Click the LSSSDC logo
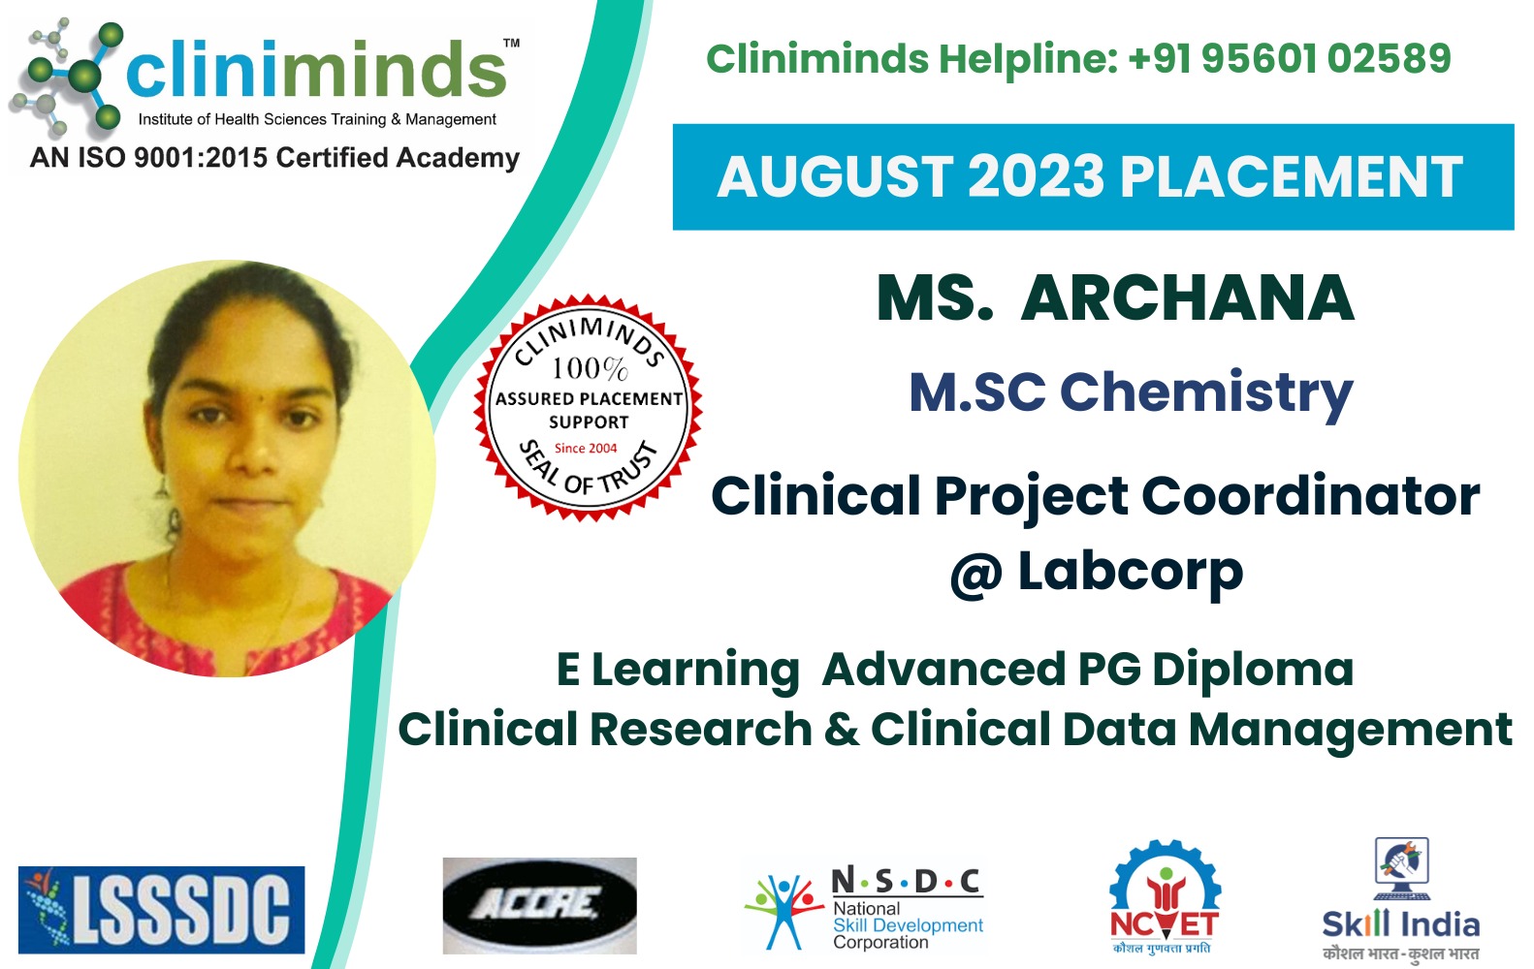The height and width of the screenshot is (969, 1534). (x=162, y=910)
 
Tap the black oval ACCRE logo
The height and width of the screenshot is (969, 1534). (x=540, y=905)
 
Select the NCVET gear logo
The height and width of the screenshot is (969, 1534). (x=1165, y=896)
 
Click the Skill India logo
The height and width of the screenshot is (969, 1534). (x=1401, y=899)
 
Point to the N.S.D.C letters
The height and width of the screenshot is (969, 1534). (x=907, y=882)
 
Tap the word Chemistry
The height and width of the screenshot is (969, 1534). (x=1206, y=392)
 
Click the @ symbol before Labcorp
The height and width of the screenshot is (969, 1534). (x=976, y=576)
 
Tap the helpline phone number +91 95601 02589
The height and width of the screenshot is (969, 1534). (x=1291, y=58)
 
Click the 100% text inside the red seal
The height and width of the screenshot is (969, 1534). (x=590, y=369)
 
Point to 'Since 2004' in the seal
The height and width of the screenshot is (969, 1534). (x=586, y=449)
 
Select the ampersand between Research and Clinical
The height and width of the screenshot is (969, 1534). (x=842, y=729)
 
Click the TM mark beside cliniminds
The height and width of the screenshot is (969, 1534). (x=512, y=43)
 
